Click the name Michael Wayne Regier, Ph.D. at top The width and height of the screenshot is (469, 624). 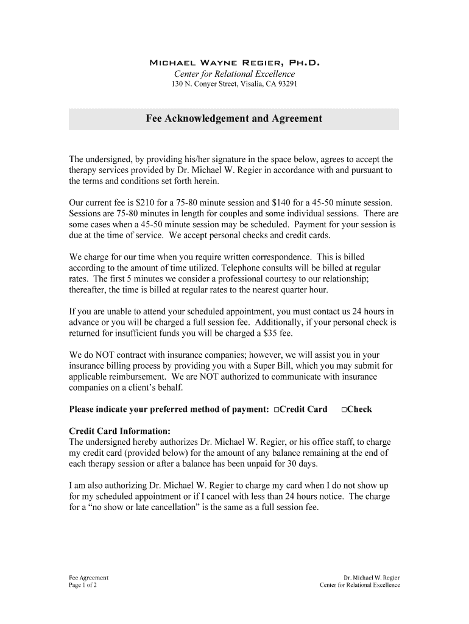click(x=234, y=63)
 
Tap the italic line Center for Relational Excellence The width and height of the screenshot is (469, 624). click(x=234, y=74)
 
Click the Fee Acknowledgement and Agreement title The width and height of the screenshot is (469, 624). click(x=234, y=119)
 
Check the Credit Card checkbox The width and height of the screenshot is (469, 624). click(x=277, y=409)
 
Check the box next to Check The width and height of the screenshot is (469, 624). click(x=344, y=409)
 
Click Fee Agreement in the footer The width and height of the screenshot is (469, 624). click(x=89, y=578)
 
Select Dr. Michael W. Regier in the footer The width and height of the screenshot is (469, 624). click(x=372, y=578)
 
